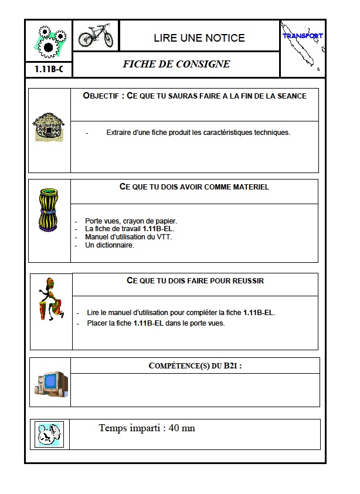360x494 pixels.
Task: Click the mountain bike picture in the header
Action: (x=96, y=35)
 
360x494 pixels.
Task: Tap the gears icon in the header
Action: (x=49, y=40)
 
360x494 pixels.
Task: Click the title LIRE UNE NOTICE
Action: (x=199, y=38)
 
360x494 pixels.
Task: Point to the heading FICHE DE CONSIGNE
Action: (x=176, y=65)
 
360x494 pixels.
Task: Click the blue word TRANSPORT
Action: (x=303, y=36)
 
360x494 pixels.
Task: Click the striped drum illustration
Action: (x=48, y=209)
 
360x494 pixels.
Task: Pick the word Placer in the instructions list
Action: (x=97, y=323)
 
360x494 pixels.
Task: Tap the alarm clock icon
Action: (x=49, y=435)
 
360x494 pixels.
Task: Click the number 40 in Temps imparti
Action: (x=174, y=428)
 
